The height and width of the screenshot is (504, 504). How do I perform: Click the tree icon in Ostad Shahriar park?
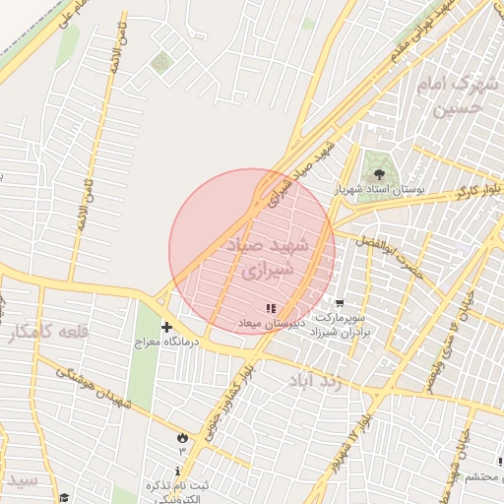pyautogui.click(x=380, y=174)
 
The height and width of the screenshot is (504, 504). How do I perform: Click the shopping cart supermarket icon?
pyautogui.click(x=339, y=304)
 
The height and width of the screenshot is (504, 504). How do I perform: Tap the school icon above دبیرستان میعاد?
pyautogui.click(x=271, y=309)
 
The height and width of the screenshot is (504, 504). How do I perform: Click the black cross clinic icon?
pyautogui.click(x=165, y=327)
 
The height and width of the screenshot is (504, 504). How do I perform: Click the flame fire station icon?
pyautogui.click(x=182, y=437)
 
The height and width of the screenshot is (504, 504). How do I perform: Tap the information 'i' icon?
pyautogui.click(x=177, y=472)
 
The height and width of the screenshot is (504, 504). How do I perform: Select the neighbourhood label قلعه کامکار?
pyautogui.click(x=48, y=333)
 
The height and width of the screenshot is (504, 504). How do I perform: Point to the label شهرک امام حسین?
pyautogui.click(x=460, y=96)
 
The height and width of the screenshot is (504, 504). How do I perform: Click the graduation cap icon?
pyautogui.click(x=64, y=498)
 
